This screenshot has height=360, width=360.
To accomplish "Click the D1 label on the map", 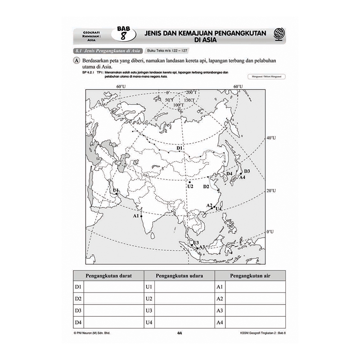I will [179, 148].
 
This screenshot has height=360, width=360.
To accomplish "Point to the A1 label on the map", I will [136, 216].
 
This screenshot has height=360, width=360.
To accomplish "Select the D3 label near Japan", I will [247, 171].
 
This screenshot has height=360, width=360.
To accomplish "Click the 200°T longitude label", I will [192, 92].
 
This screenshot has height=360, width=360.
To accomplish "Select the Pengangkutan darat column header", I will [108, 275].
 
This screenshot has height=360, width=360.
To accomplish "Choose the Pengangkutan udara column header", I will [180, 275].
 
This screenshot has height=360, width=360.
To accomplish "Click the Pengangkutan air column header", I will [250, 275].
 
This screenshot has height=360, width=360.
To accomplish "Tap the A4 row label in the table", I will [220, 322].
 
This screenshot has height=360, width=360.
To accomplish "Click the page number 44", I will [180, 333].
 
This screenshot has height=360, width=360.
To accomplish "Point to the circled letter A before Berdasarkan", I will [78, 60].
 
